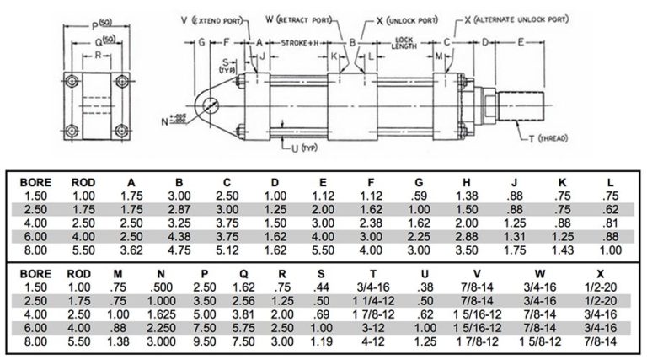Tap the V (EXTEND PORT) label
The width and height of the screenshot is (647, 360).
[x=216, y=17]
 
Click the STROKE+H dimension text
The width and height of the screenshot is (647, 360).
[x=296, y=40]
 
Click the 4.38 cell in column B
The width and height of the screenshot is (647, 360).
[x=179, y=239]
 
